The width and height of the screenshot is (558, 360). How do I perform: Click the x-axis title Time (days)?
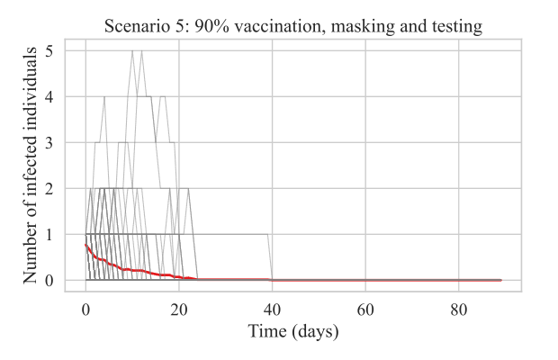coord(293,332)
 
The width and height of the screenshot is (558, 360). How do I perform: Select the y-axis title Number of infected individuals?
coord(31,166)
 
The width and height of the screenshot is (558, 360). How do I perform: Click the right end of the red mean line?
coord(500,280)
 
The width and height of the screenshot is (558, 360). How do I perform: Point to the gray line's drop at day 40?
coord(270,257)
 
